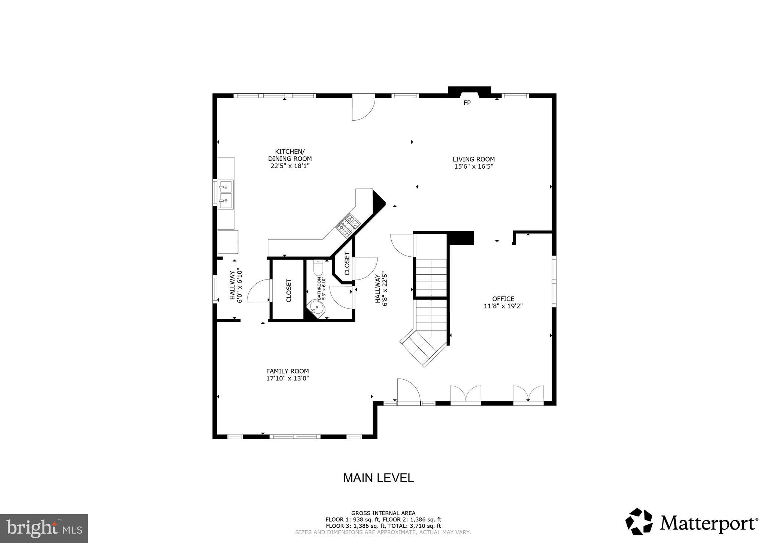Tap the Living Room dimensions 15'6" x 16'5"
point(473,166)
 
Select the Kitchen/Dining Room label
point(289,155)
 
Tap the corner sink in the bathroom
point(317,309)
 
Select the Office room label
point(503,299)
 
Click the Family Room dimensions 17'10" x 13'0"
point(287,378)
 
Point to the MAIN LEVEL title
point(378,478)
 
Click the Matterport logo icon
point(639,522)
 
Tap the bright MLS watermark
point(44,528)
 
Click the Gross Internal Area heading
point(383,513)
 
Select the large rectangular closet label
point(289,290)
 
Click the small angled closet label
point(347,263)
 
